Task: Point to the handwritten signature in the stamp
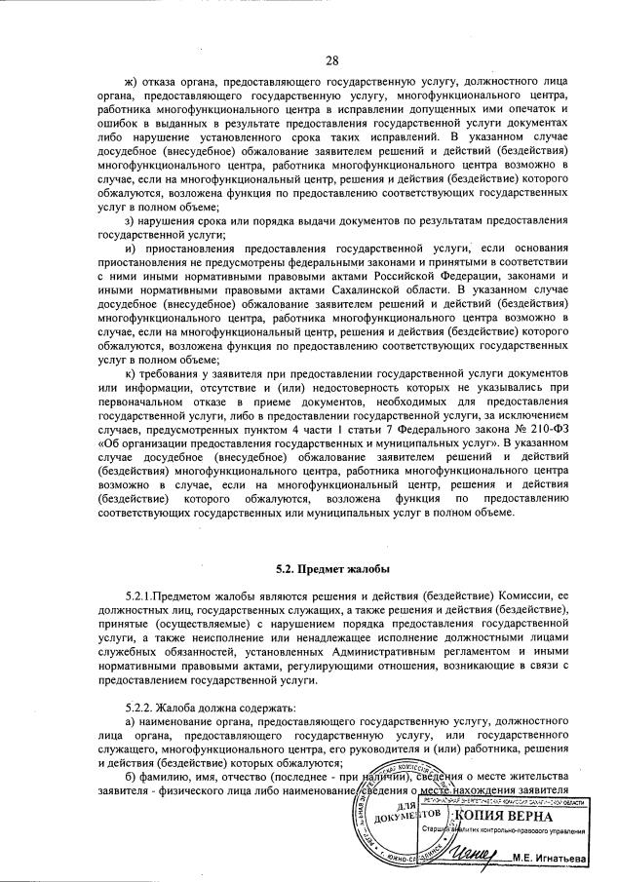479,854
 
